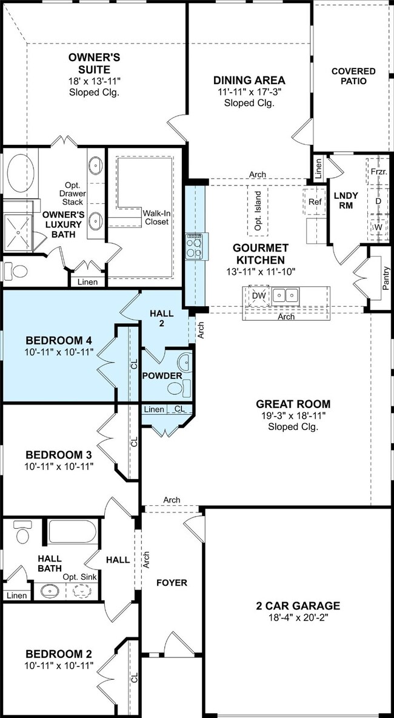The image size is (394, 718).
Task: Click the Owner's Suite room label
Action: (x=95, y=64)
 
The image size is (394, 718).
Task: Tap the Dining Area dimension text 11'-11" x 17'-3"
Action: (x=249, y=92)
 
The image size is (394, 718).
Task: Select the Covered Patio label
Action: (x=353, y=76)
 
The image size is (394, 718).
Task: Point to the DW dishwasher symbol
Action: (x=259, y=295)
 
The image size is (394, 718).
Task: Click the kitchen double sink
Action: (x=285, y=295)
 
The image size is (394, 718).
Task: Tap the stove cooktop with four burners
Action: (x=195, y=247)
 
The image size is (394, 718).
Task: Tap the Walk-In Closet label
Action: (x=156, y=218)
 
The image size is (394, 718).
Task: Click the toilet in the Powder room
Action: (x=178, y=388)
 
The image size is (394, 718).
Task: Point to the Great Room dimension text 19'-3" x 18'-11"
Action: (x=293, y=416)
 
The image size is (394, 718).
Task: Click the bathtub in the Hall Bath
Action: (x=72, y=532)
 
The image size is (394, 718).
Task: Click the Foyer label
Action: (x=172, y=582)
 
